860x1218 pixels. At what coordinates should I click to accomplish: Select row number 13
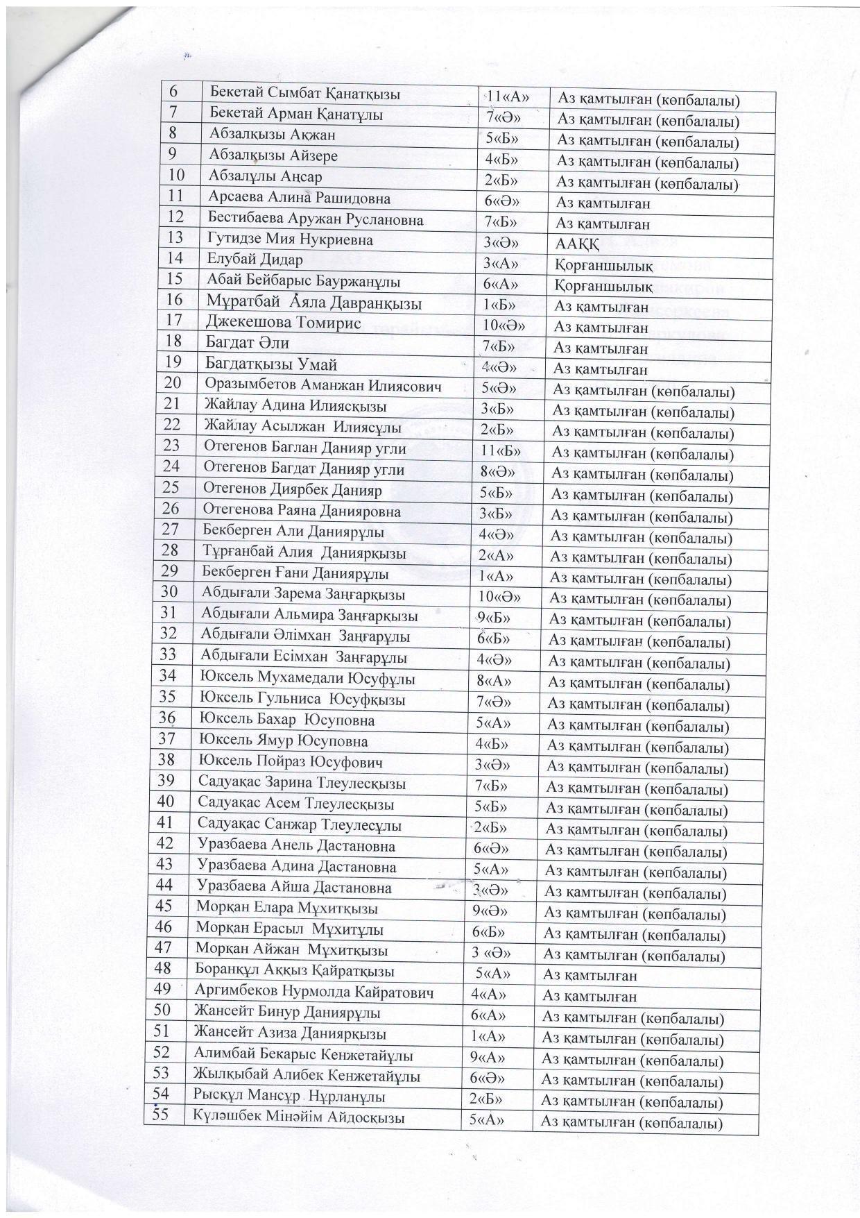pos(175,238)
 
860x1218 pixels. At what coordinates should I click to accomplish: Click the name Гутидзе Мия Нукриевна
pos(290,240)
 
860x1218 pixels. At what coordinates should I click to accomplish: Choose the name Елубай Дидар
pos(255,261)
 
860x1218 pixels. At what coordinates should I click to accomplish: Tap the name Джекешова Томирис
pos(283,323)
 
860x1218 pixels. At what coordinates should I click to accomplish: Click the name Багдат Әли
pos(247,343)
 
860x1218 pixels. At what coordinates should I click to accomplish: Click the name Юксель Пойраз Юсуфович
pos(291,762)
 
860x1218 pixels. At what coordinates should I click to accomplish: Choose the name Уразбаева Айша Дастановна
pos(294,888)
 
